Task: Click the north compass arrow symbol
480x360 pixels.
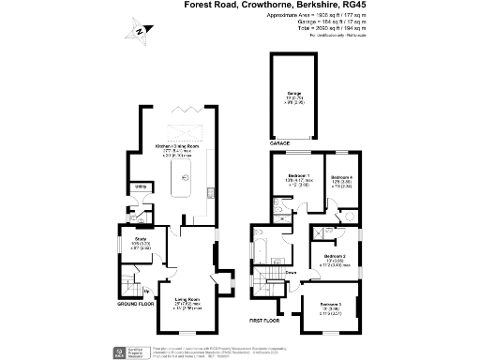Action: [x=139, y=35]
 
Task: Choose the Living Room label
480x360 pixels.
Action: [x=189, y=300]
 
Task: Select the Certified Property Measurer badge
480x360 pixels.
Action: [x=121, y=351]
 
